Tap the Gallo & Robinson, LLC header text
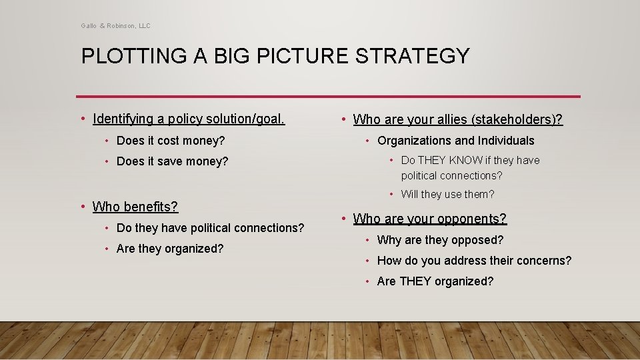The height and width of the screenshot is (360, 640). click(116, 26)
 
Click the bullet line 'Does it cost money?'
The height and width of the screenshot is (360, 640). click(171, 141)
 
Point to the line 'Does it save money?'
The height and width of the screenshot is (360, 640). click(172, 161)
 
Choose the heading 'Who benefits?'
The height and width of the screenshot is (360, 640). click(135, 207)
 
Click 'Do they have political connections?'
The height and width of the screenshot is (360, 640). click(210, 228)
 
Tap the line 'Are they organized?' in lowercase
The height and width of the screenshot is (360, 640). click(170, 249)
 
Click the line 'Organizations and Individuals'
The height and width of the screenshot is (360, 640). click(456, 141)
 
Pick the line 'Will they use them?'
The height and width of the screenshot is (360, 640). click(447, 195)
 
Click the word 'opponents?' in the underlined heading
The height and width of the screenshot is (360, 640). click(477, 219)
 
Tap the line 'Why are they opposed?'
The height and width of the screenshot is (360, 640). click(440, 240)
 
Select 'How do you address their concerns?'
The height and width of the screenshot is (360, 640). click(474, 261)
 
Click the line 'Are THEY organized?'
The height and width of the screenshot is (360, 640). click(435, 281)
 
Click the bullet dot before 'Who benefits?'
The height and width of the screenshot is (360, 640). click(82, 207)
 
